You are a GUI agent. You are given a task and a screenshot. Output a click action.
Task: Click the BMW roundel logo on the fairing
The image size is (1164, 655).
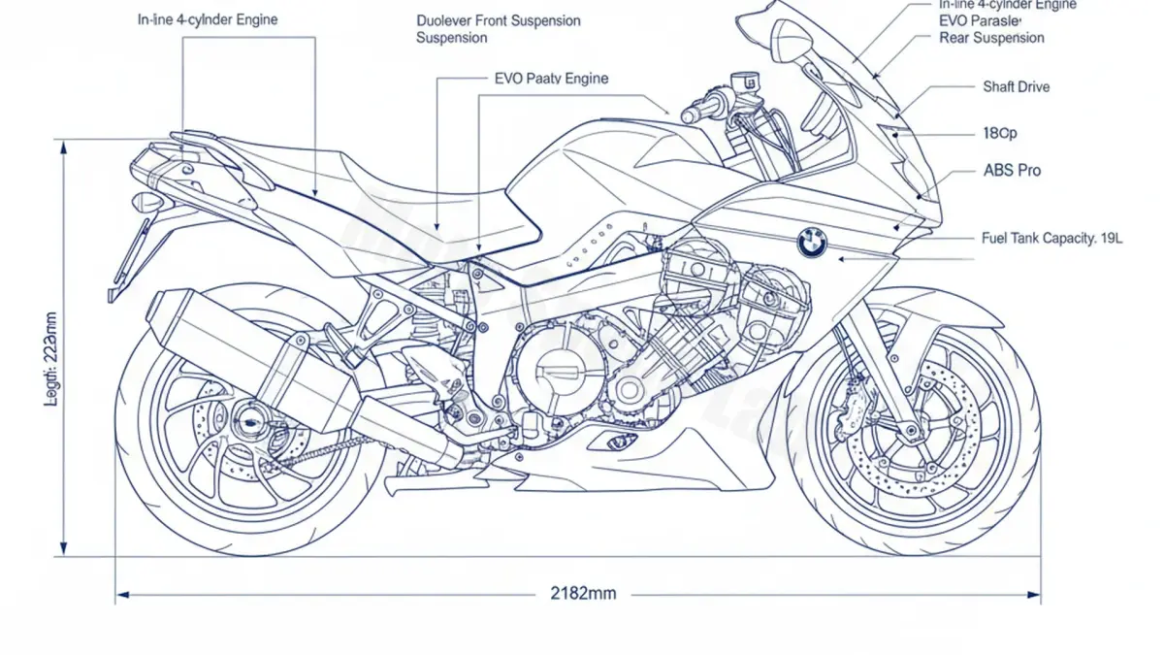pyautogui.click(x=811, y=243)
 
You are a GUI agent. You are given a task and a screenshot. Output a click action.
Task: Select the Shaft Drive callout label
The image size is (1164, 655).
pyautogui.click(x=1016, y=87)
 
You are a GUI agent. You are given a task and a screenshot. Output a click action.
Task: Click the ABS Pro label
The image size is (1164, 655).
pyautogui.click(x=1012, y=171)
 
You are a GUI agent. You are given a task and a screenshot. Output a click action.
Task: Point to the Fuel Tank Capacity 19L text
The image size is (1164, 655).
pyautogui.click(x=1051, y=238)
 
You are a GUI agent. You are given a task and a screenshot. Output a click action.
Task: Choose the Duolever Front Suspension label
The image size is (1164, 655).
pyautogui.click(x=499, y=21)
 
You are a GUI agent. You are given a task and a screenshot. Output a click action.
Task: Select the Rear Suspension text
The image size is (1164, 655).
pyautogui.click(x=991, y=38)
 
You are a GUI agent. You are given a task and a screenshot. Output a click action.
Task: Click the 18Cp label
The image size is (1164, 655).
pyautogui.click(x=999, y=133)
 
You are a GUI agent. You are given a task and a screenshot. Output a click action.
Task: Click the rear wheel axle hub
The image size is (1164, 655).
pyautogui.click(x=249, y=423)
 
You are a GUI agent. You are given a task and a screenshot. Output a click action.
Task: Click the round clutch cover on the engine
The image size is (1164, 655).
pyautogui.click(x=551, y=369)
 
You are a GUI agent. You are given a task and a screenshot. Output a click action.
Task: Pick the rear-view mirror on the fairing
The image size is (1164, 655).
pyautogui.click(x=792, y=45)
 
